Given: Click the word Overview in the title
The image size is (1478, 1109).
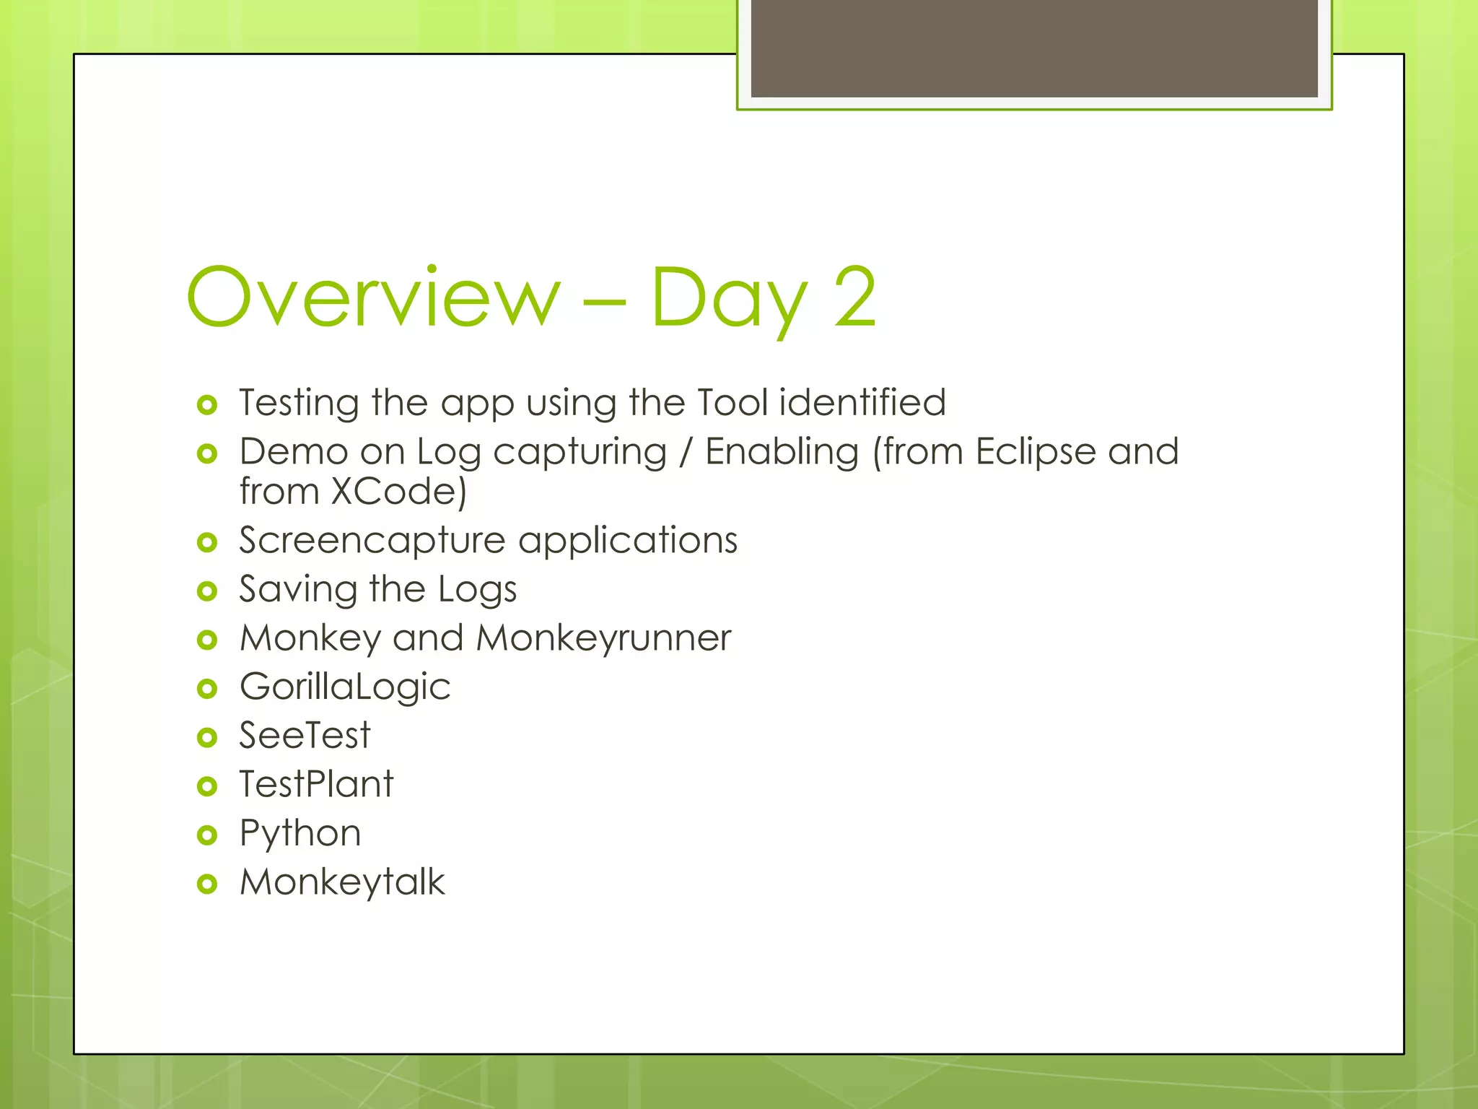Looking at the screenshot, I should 373,297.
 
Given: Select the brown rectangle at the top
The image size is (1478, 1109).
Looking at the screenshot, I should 1033,48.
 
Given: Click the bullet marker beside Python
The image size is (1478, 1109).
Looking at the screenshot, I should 207,835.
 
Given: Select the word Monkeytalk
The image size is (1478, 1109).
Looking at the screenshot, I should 342,882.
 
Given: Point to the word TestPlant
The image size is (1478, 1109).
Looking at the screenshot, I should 316,784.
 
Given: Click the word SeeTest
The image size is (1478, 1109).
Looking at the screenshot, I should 305,736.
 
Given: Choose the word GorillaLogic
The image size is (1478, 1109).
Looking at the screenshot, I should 345,687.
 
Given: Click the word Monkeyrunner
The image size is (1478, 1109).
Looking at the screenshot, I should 603,639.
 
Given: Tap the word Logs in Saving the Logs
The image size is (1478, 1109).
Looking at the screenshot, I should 477,590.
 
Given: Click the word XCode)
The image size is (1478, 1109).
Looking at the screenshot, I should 398,492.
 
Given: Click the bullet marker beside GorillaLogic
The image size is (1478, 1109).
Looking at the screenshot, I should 207,688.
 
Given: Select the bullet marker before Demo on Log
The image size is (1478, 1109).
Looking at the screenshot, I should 207,453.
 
